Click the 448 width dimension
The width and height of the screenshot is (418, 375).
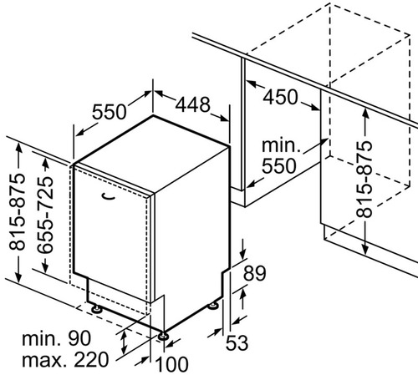pyautogui.click(x=192, y=104)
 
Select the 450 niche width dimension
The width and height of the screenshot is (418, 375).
pyautogui.click(x=280, y=97)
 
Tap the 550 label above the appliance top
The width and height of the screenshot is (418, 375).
pyautogui.click(x=110, y=112)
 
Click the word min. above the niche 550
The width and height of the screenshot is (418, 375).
pyautogui.click(x=281, y=145)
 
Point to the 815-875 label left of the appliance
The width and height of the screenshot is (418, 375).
pyautogui.click(x=18, y=211)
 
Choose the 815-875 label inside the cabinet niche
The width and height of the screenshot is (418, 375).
pyautogui.click(x=364, y=180)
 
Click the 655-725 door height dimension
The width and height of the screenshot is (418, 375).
pyautogui.click(x=44, y=215)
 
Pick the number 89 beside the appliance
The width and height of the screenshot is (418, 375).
pyautogui.click(x=255, y=273)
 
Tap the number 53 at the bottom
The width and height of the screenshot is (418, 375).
pyautogui.click(x=237, y=342)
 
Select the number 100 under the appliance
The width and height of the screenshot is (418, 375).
pyautogui.click(x=171, y=364)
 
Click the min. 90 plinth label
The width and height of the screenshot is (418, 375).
pyautogui.click(x=56, y=338)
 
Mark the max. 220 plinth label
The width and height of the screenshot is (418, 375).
pyautogui.click(x=65, y=359)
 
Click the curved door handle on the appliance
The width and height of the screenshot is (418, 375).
pyautogui.click(x=109, y=196)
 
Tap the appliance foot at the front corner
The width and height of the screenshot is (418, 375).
pyautogui.click(x=163, y=337)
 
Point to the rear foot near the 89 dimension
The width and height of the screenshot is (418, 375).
pyautogui.click(x=213, y=306)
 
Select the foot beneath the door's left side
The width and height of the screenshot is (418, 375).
pyautogui.click(x=97, y=308)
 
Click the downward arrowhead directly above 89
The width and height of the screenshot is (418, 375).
pyautogui.click(x=243, y=254)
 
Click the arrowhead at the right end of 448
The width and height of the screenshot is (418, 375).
pyautogui.click(x=224, y=119)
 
